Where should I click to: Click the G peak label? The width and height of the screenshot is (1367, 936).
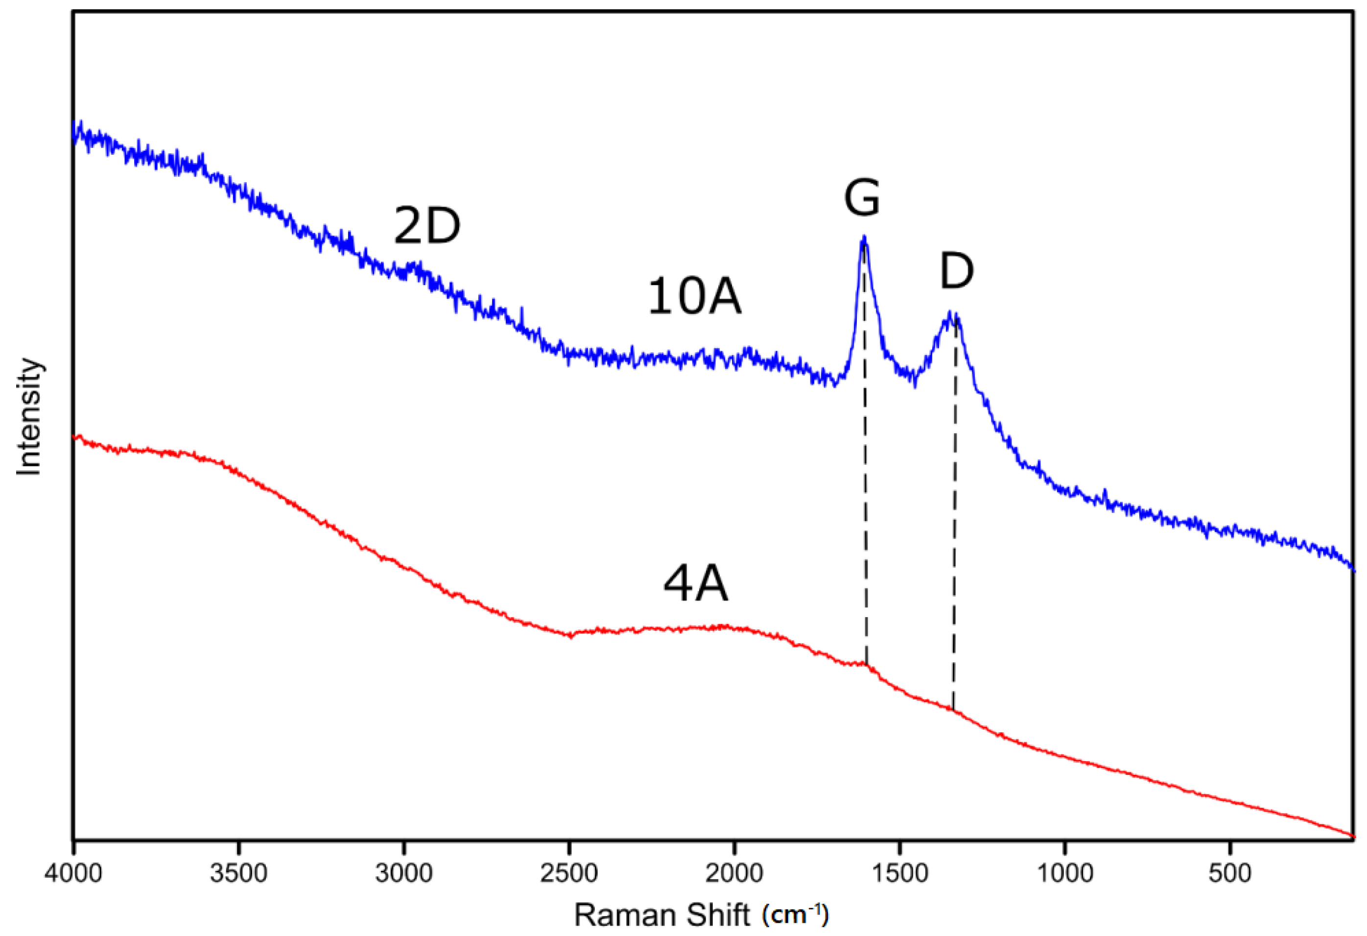[x=862, y=198]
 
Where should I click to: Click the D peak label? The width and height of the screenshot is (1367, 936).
[x=956, y=271]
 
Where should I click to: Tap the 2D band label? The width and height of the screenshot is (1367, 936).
[x=426, y=226]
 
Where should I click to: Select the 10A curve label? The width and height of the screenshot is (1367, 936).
[x=694, y=297]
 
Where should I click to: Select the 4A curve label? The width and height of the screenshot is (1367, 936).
[x=695, y=585]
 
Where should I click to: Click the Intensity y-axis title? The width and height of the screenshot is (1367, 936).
[x=29, y=416]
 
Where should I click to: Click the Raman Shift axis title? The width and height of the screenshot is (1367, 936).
[x=662, y=915]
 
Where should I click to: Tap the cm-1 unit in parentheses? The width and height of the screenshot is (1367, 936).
[x=795, y=915]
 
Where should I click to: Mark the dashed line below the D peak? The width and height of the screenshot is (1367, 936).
[x=954, y=529]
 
